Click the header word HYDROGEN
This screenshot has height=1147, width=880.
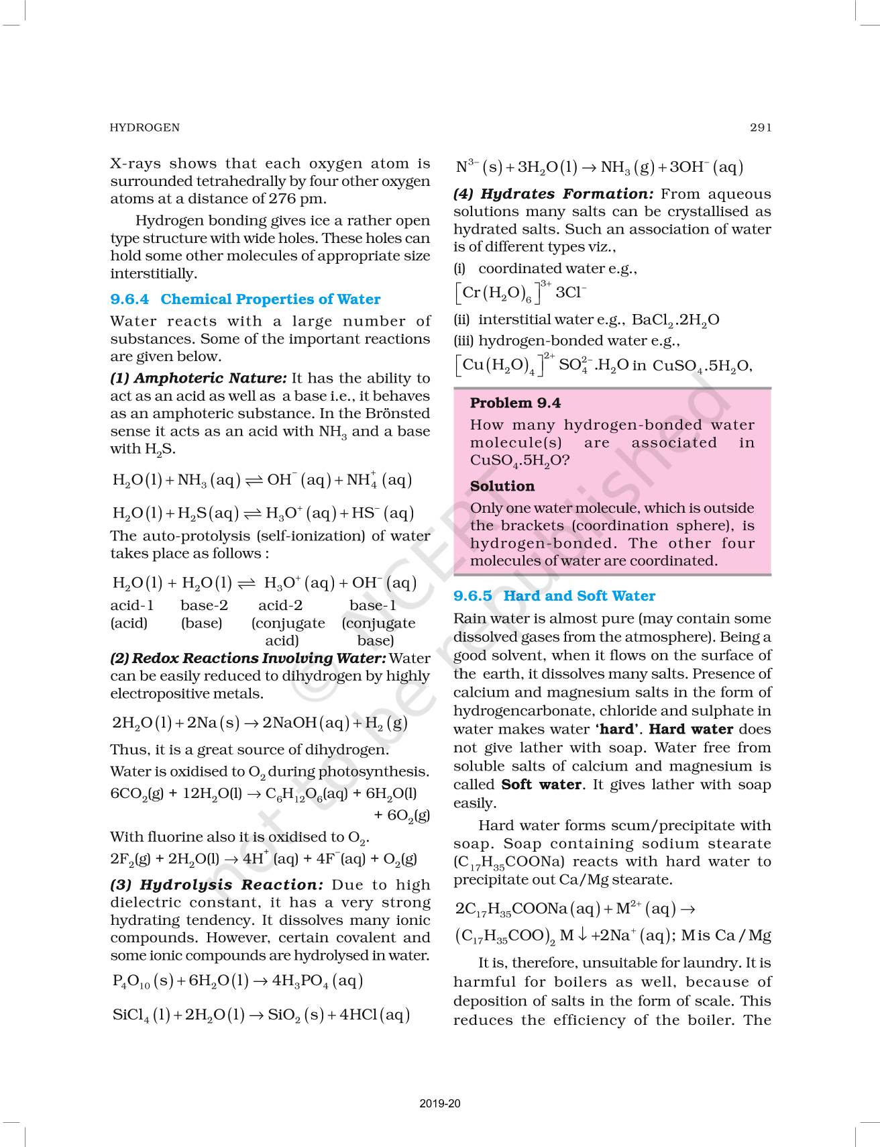coord(145,128)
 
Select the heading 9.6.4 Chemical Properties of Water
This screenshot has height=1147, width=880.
coord(245,299)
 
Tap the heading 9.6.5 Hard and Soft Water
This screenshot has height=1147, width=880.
coord(554,596)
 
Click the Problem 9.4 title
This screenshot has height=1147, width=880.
coord(515,403)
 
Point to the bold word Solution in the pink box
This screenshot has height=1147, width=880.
coord(502,486)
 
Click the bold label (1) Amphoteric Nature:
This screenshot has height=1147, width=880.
coord(199,379)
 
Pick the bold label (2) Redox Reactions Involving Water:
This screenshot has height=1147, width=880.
coord(248,658)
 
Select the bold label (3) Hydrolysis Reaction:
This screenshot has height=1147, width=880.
coord(217,885)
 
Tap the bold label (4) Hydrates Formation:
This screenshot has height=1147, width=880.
coord(553,194)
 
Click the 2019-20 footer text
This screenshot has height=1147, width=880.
coord(440,1103)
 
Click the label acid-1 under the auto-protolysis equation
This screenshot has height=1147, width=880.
coord(132,605)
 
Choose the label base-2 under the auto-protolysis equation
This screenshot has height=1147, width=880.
coord(204,605)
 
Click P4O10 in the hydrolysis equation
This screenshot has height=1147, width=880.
coord(131,982)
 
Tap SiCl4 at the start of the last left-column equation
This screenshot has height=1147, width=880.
coord(131,1015)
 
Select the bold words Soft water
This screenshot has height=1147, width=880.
coord(541,785)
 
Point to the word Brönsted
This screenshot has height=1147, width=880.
coord(396,413)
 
